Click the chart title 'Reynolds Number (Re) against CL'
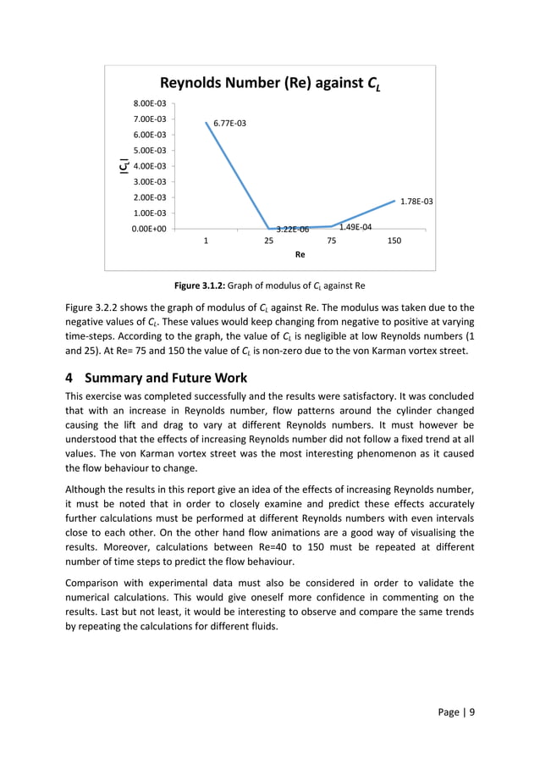click(269, 83)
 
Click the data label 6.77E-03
click(230, 124)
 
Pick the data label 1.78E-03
click(416, 202)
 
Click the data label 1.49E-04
click(355, 227)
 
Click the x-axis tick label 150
click(394, 241)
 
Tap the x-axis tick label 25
click(268, 241)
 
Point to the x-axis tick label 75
click(332, 241)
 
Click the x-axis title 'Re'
click(300, 254)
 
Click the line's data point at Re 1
click(206, 122)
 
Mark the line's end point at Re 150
click(394, 201)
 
